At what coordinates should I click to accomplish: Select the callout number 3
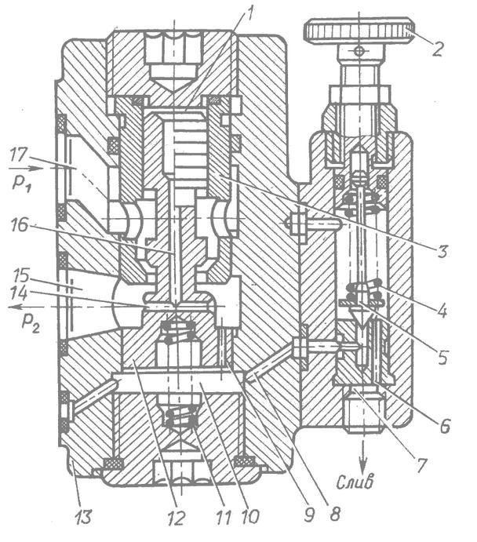coord(442,252)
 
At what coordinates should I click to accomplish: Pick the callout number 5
coord(442,358)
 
